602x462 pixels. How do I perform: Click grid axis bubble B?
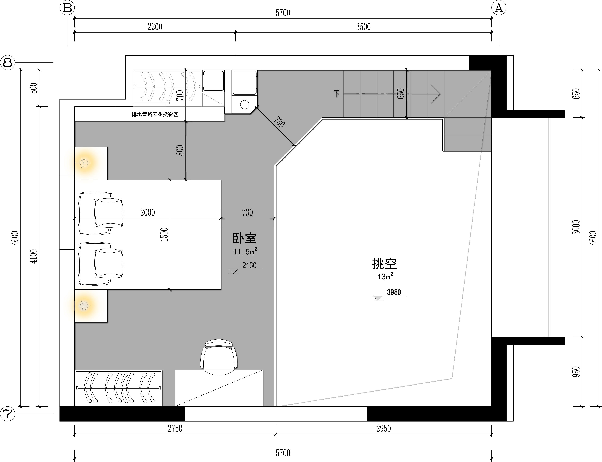tap(67, 8)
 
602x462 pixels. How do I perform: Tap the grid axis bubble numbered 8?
tap(8, 63)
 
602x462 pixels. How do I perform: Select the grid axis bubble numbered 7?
tap(8, 414)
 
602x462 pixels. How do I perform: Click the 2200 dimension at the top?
tap(155, 27)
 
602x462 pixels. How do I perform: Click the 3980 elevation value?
tap(394, 292)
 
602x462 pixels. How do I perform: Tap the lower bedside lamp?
tap(84, 306)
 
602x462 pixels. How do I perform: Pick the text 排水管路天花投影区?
tap(155, 114)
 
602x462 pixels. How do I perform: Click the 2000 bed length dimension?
tap(148, 212)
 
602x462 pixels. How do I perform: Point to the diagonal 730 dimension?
tap(279, 122)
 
